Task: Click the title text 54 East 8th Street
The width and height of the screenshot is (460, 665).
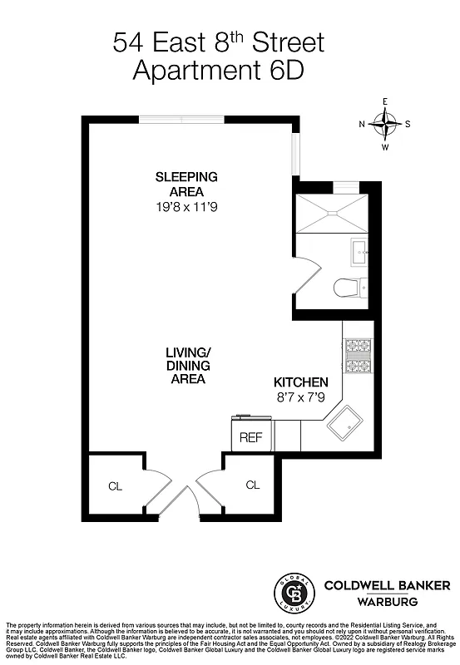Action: [x=218, y=42]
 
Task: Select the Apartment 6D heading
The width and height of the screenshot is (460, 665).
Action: [x=218, y=71]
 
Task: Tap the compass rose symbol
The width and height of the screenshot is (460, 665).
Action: [x=384, y=125]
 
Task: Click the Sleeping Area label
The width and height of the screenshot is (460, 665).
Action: [x=186, y=184]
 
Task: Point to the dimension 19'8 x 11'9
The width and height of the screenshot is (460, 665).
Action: [x=186, y=206]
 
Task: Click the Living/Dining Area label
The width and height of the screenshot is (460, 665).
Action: [x=185, y=365]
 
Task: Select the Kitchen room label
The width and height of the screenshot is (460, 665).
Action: [x=301, y=382]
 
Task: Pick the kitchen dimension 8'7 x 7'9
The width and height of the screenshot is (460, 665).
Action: [x=301, y=397]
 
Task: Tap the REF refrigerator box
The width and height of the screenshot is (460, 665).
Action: [x=250, y=436]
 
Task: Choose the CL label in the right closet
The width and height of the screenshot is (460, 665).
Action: [x=252, y=484]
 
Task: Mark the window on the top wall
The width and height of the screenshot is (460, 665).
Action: [x=181, y=119]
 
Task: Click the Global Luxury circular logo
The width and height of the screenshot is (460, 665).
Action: [x=293, y=592]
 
